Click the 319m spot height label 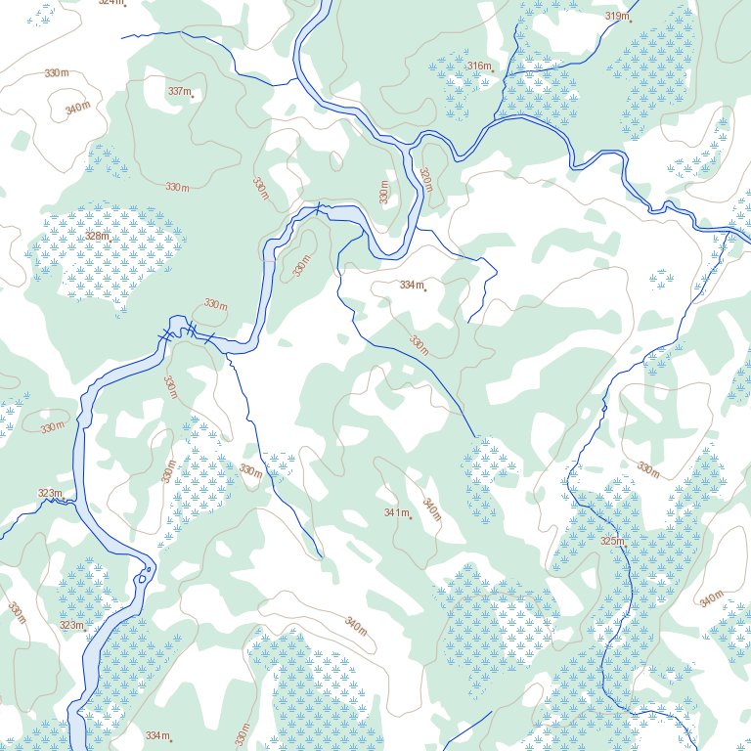pyautogui.click(x=616, y=16)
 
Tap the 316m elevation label pyautogui.click(x=478, y=66)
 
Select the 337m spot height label pyautogui.click(x=179, y=91)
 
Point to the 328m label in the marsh pyautogui.click(x=96, y=236)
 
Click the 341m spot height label pyautogui.click(x=395, y=512)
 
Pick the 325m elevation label pyautogui.click(x=611, y=541)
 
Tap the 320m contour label pyautogui.click(x=425, y=179)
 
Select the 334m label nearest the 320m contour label pyautogui.click(x=411, y=285)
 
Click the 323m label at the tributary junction pyautogui.click(x=49, y=493)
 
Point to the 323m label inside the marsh pyautogui.click(x=70, y=625)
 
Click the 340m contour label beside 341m pyautogui.click(x=431, y=508)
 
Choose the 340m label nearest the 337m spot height pyautogui.click(x=78, y=108)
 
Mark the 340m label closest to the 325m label pyautogui.click(x=711, y=598)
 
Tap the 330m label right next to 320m pyautogui.click(x=385, y=192)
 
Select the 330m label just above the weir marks pyautogui.click(x=215, y=304)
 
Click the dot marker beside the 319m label pyautogui.click(x=631, y=20)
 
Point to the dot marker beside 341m pyautogui.click(x=411, y=517)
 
